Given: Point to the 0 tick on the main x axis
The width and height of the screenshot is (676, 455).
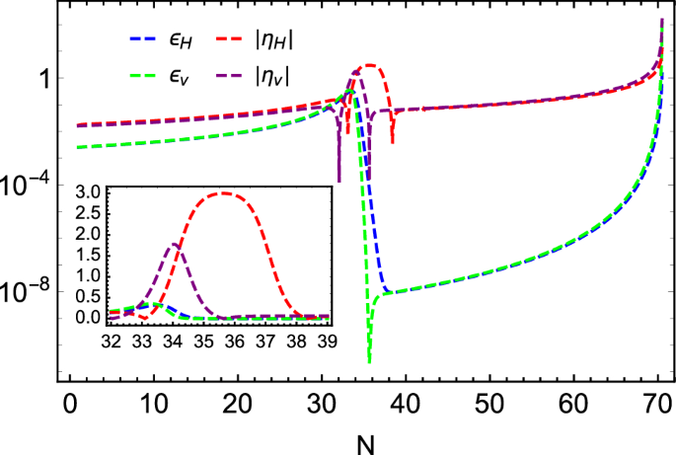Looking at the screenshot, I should [x=70, y=405].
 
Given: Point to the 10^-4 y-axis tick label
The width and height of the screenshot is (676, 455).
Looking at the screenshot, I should [x=29, y=185].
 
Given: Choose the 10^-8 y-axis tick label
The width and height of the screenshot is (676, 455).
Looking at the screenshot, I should [x=29, y=291].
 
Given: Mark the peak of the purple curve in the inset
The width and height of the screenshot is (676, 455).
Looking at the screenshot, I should [x=175, y=244].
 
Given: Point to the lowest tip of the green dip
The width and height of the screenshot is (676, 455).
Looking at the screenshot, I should [x=369, y=361].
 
